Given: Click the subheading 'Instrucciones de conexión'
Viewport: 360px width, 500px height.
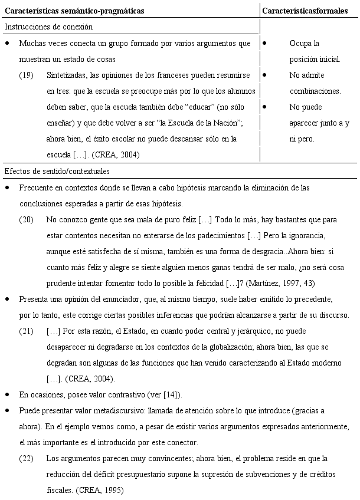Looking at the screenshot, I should [48, 27].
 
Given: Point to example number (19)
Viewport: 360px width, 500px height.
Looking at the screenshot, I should [27, 75].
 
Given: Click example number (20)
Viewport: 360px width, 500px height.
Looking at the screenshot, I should [27, 219].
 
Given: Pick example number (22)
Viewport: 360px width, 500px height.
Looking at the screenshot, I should [27, 458].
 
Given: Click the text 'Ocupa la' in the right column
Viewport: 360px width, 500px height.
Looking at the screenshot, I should [305, 44].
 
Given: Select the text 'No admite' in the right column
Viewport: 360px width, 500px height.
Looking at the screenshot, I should [307, 75].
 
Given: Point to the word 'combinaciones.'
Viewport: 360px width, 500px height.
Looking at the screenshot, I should [315, 91].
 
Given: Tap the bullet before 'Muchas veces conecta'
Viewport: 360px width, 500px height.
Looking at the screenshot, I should [6, 44].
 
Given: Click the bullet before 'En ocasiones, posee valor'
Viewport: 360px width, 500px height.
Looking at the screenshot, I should [6, 394].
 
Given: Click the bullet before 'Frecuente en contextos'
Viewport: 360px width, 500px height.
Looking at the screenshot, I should [6, 187].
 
